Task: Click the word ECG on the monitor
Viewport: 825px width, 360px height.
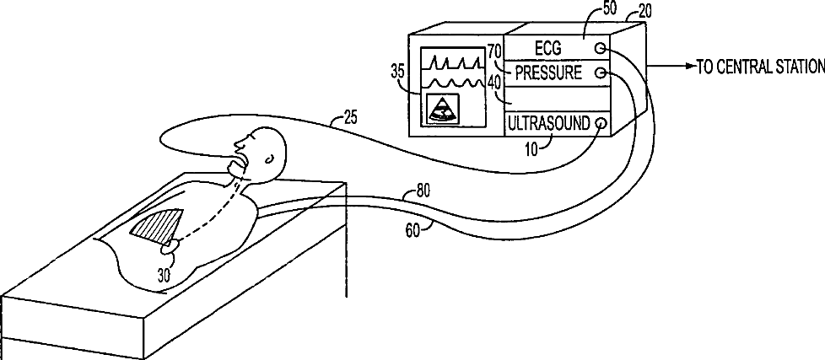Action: click(x=548, y=47)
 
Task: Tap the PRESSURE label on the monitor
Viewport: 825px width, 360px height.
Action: click(x=548, y=73)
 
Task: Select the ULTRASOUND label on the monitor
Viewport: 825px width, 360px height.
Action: click(x=547, y=124)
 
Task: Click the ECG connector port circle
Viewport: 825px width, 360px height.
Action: click(x=599, y=48)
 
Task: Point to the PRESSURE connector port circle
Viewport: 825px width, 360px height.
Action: click(x=601, y=73)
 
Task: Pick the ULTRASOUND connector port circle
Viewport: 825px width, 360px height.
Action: click(x=600, y=124)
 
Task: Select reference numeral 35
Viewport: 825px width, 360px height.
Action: click(x=399, y=72)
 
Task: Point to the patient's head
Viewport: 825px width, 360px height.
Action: click(x=264, y=152)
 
